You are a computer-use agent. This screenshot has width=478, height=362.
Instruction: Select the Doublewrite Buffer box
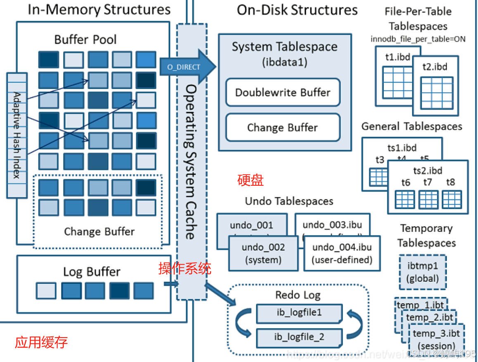[283, 92]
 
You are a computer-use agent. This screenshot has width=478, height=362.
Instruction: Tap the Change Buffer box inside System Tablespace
[283, 128]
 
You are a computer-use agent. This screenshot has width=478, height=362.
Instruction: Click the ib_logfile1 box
[299, 313]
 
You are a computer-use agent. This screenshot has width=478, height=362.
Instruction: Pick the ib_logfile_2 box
[299, 337]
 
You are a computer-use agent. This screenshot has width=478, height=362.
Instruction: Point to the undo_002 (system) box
[263, 253]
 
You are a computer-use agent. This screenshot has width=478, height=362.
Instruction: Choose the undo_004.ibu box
[342, 253]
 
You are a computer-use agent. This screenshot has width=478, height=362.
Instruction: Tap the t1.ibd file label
[398, 57]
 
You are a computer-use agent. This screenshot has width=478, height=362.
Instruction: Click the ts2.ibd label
[428, 170]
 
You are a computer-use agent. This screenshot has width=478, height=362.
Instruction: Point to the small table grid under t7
[428, 200]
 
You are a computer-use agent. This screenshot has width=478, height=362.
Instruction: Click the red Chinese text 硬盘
[250, 180]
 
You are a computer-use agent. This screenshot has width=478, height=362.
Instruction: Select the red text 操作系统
[185, 269]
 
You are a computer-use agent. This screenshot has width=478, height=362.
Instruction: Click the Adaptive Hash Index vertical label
[17, 135]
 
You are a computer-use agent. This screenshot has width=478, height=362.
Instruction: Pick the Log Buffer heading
[92, 272]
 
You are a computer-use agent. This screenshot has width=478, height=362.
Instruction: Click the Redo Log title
[298, 295]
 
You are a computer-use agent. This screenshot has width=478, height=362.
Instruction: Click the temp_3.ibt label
[436, 334]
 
